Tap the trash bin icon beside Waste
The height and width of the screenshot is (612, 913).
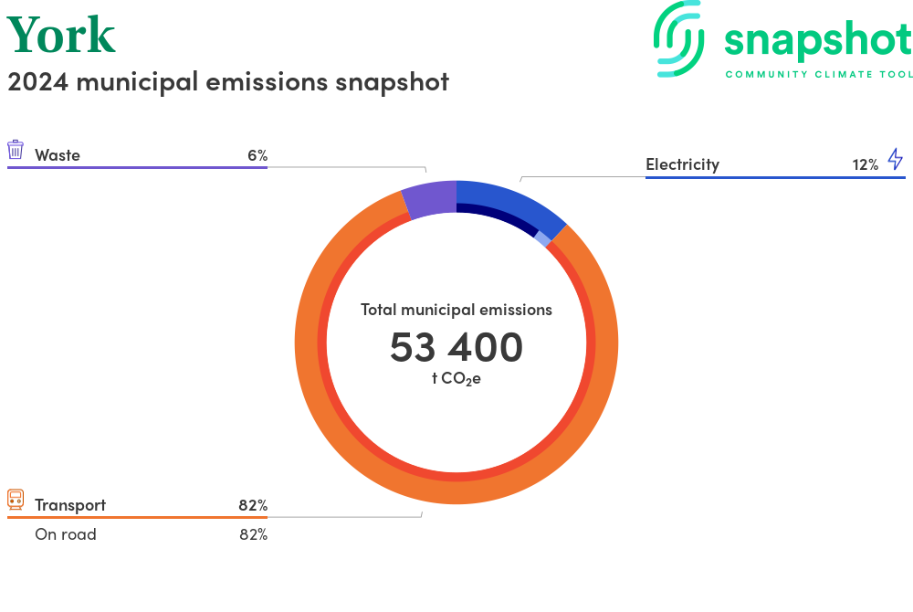16,150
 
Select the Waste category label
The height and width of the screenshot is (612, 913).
58,155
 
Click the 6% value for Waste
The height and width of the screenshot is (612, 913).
257,155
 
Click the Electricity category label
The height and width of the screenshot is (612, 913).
682,164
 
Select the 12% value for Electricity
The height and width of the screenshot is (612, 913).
865,164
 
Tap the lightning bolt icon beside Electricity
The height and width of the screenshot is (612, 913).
896,160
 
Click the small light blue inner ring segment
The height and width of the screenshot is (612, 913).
542,238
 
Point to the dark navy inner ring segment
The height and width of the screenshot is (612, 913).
498,216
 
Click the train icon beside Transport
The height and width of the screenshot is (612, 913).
16,499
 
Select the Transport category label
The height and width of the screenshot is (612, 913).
70,505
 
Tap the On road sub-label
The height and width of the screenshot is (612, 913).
66,534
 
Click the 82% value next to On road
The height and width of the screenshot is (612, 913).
253,534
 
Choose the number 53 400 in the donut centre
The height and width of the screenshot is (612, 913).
456,347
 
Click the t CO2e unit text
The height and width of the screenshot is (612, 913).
456,378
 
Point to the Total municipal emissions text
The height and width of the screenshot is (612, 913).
456,310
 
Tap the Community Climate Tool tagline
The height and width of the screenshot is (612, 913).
818,74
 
